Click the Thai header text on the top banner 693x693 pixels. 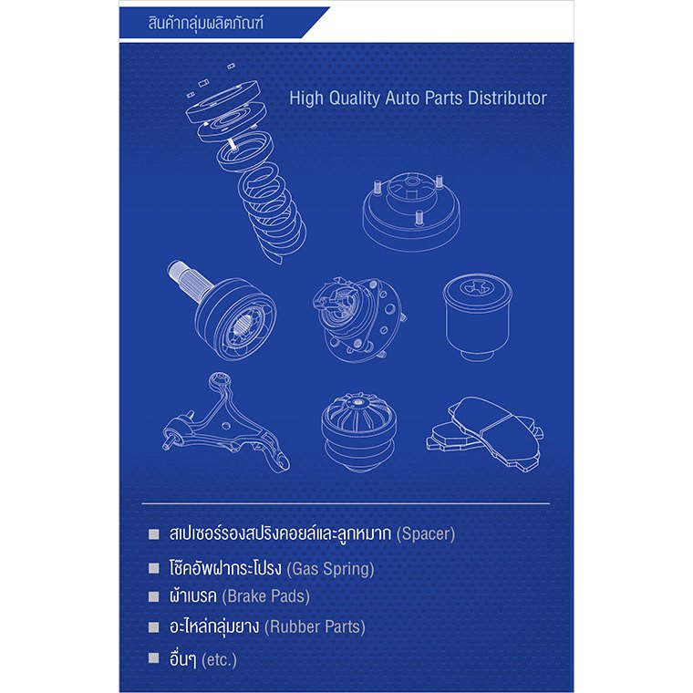click(x=205, y=23)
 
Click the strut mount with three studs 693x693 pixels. click(x=411, y=211)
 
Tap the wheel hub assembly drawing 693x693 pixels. click(x=358, y=317)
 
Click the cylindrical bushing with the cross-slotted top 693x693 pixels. click(x=477, y=316)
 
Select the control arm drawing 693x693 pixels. click(x=224, y=424)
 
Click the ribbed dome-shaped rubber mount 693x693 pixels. click(x=358, y=431)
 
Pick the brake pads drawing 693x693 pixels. click(x=485, y=433)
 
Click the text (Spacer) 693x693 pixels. click(x=426, y=534)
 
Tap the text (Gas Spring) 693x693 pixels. click(x=331, y=569)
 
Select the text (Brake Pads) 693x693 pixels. click(x=265, y=596)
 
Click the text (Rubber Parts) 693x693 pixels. click(x=315, y=626)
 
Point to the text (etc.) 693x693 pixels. click(x=219, y=660)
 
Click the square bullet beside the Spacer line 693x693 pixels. click(x=154, y=534)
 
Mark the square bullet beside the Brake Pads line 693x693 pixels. click(x=154, y=596)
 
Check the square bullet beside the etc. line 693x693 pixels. click(x=154, y=658)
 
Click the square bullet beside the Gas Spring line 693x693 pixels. click(x=154, y=568)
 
